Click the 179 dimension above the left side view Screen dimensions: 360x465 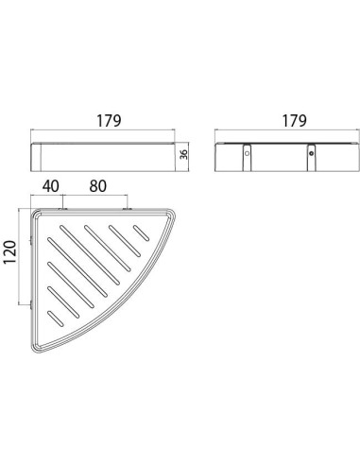point(109,121)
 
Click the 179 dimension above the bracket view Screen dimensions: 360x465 point(294,121)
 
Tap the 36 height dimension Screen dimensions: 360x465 point(183,154)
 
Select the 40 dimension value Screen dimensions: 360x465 point(51,186)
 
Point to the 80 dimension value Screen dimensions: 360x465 point(98,186)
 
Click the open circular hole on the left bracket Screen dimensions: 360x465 point(247,154)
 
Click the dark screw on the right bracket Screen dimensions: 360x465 point(312,154)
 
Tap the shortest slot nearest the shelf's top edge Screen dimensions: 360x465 point(141,232)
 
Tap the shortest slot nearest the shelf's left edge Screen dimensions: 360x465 point(56,319)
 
